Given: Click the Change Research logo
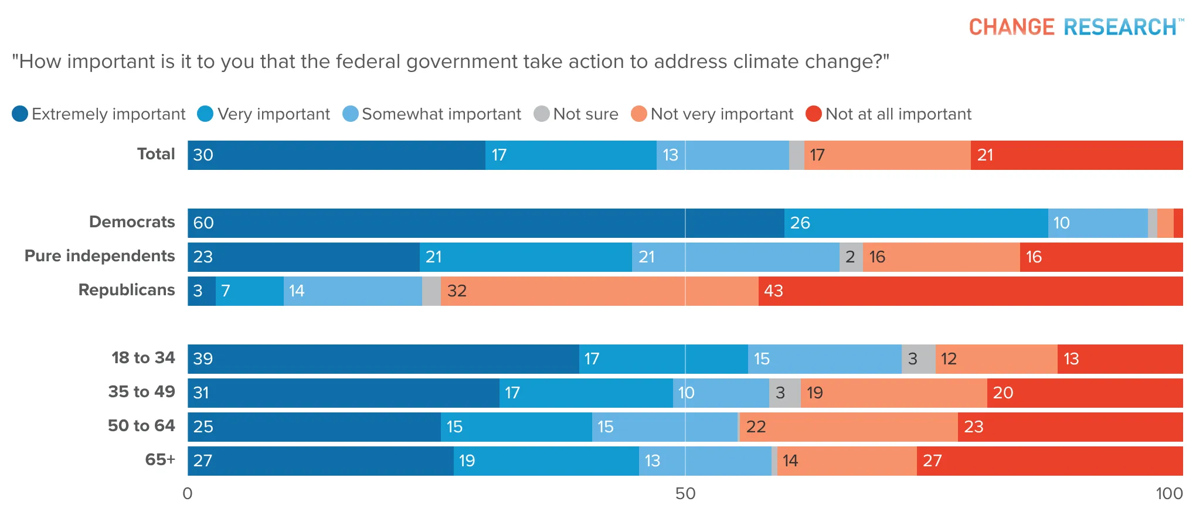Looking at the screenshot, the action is [1076, 27].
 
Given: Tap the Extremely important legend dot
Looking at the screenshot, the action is [20, 114].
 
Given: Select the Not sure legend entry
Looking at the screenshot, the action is [576, 114].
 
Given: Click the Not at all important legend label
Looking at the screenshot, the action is [898, 114].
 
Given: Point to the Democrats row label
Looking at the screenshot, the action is [132, 222].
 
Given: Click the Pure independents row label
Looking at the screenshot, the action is [100, 256].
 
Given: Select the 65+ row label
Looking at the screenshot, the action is [160, 460].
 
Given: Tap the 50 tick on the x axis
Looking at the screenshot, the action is [685, 493].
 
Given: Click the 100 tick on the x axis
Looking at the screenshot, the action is [1169, 493].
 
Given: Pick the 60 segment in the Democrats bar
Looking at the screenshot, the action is [486, 223].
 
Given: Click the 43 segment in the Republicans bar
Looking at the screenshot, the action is [971, 291].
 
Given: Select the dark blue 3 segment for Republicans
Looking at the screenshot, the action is [202, 291].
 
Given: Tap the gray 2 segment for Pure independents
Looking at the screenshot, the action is [851, 257].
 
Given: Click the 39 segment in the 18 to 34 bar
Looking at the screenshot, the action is [383, 359].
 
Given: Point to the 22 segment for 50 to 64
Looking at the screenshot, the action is [849, 427].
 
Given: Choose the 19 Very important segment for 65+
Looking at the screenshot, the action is [546, 461].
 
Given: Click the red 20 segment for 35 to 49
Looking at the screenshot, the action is [1085, 393].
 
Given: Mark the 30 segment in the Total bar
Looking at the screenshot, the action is [337, 155].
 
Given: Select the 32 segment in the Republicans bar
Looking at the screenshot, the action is [600, 291].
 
